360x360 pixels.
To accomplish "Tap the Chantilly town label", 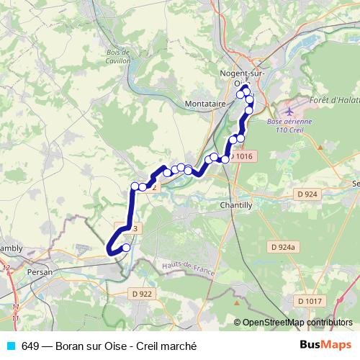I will [235, 204].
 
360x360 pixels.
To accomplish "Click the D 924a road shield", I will [284, 247].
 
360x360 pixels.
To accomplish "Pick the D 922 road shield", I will [143, 293].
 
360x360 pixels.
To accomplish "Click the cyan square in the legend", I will [9, 346].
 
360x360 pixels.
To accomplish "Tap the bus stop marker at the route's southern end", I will [126, 248].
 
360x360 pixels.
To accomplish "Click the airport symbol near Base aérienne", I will [289, 112].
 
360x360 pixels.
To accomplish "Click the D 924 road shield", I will [307, 194].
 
